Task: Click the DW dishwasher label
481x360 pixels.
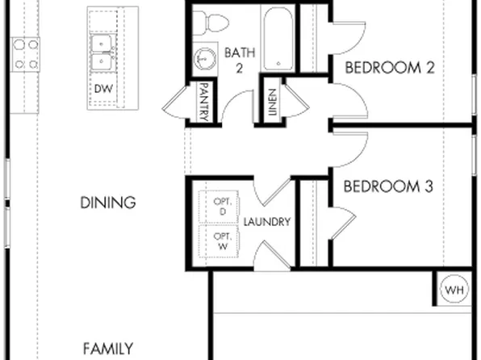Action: [x=102, y=87]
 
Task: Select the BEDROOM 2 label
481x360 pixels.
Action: [x=390, y=68]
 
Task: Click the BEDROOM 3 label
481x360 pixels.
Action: [x=389, y=186]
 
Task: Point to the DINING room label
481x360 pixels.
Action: [x=107, y=203]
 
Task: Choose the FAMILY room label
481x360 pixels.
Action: [x=107, y=349]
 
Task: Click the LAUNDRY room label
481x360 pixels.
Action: [x=266, y=221]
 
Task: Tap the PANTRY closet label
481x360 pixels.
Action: [x=204, y=103]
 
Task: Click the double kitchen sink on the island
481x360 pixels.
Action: [x=102, y=52]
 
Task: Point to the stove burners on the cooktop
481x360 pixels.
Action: [x=25, y=54]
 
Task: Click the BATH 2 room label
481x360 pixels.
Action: [x=240, y=60]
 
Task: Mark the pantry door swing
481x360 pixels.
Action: [x=175, y=102]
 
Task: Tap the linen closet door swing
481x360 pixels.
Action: [x=294, y=101]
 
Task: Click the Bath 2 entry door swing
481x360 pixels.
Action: [x=238, y=107]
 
